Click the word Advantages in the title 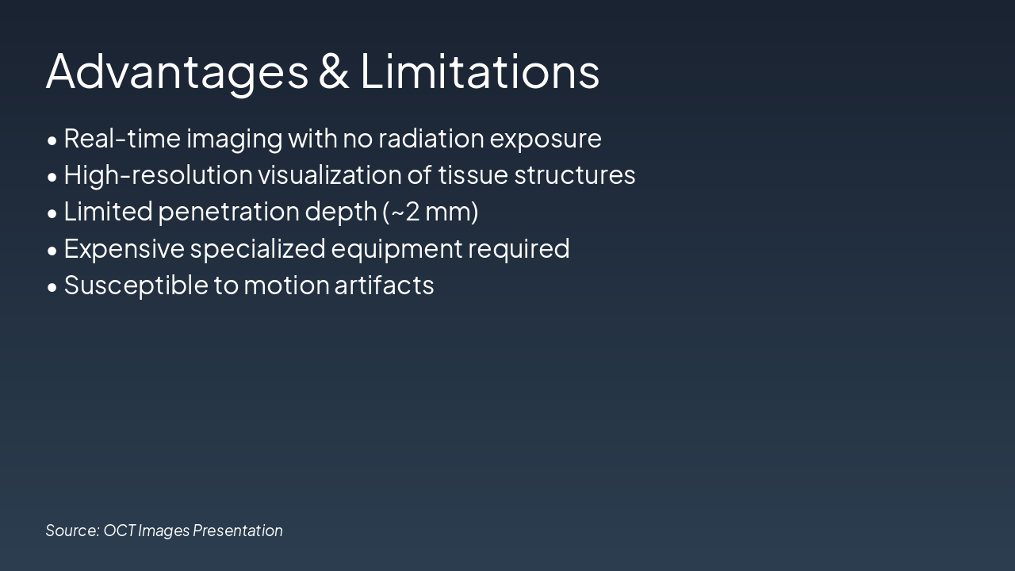pos(177,71)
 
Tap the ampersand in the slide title pos(334,71)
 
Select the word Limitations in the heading pos(480,71)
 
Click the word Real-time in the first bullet pos(121,139)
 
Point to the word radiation pos(431,139)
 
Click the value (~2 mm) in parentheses pos(431,212)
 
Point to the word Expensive pos(124,249)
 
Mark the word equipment pos(396,249)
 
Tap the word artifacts pos(384,285)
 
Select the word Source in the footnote pos(72,531)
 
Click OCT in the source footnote pos(119,531)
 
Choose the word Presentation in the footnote pos(238,531)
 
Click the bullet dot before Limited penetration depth pos(52,213)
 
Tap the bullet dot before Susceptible pos(52,287)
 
